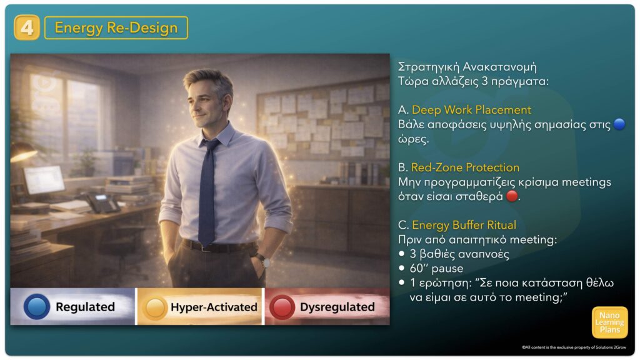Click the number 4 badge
[x=27, y=27]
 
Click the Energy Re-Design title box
[x=116, y=27]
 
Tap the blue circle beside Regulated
[x=37, y=306]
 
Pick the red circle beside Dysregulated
[x=282, y=307]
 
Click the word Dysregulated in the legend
[x=337, y=307]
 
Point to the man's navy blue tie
[x=208, y=192]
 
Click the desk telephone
[x=102, y=202]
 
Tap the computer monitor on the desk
[x=44, y=180]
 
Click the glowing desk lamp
[x=22, y=152]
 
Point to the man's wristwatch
[x=261, y=259]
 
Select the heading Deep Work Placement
[x=471, y=110]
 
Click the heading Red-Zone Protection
[x=465, y=167]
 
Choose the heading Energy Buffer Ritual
[x=464, y=225]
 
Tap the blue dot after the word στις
[x=619, y=124]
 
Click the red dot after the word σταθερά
[x=512, y=196]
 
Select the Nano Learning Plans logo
[x=609, y=322]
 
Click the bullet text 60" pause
[x=436, y=269]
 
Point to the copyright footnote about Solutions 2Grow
[x=574, y=347]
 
